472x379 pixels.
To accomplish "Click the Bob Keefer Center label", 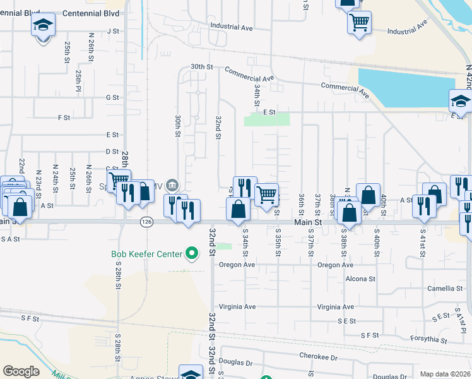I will coord(146,255).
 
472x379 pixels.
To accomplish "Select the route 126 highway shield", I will coord(146,222).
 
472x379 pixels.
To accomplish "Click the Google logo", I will coord(21,371).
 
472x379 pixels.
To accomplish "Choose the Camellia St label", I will coord(445,288).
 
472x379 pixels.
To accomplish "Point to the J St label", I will coord(114,30).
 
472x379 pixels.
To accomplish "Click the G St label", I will coord(112,97).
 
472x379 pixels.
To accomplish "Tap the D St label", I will coord(112,152).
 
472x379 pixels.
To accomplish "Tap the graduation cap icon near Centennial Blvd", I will coord(43,25).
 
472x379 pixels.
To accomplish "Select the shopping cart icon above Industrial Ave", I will coord(359,23).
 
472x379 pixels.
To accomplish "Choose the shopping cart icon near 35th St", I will coord(267,194).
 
